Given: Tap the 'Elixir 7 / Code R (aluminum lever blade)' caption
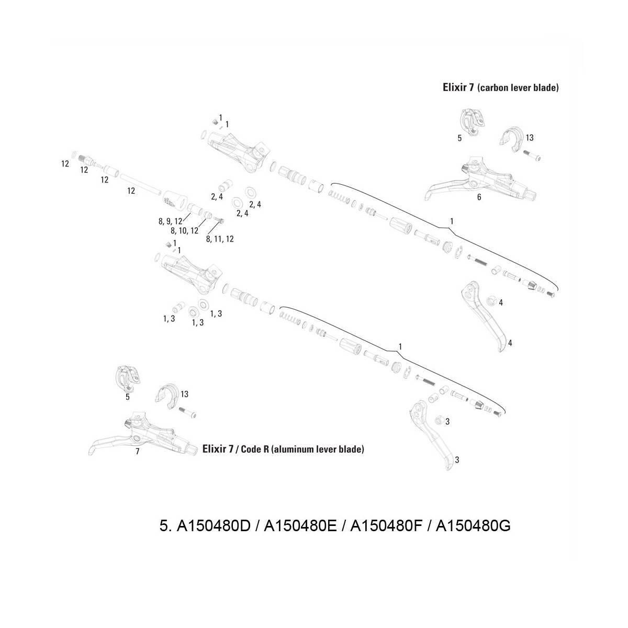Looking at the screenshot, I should pyautogui.click(x=283, y=449).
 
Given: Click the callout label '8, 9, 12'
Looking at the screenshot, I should pyautogui.click(x=171, y=221).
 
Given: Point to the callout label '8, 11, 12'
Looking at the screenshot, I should pyautogui.click(x=220, y=239).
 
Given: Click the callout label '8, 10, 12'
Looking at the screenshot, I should pyautogui.click(x=184, y=230).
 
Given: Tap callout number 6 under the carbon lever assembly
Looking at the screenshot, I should pyautogui.click(x=479, y=197).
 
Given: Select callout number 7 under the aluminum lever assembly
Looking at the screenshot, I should pyautogui.click(x=138, y=451).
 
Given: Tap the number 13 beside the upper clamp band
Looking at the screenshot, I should pyautogui.click(x=530, y=138).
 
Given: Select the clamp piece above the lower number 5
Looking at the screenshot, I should pyautogui.click(x=127, y=378).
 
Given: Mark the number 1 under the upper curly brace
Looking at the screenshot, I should pyautogui.click(x=451, y=221).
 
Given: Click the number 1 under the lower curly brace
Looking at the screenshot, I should pyautogui.click(x=400, y=346).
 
